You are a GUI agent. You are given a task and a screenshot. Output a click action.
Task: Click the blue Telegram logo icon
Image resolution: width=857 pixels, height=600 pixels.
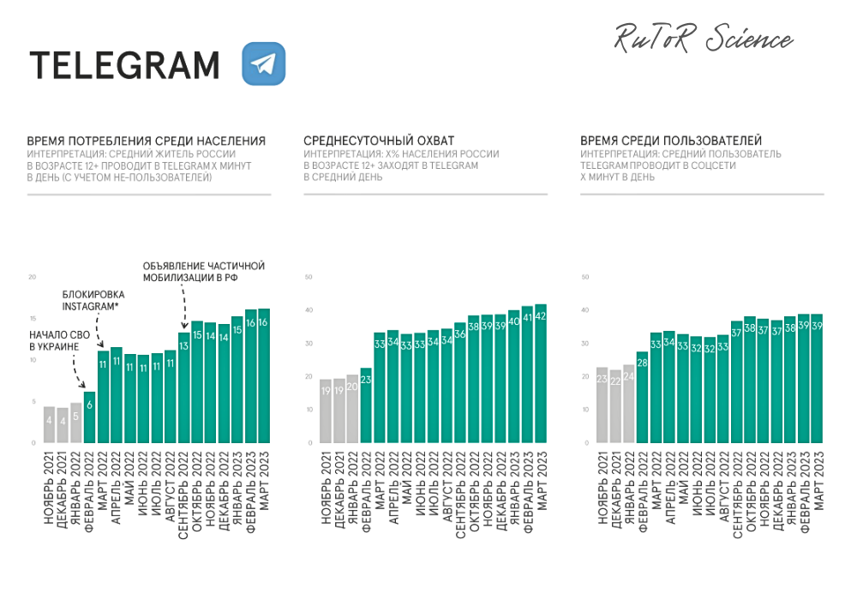click(x=263, y=64)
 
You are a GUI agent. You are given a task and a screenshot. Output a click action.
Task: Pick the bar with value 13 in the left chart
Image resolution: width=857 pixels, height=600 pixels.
click(x=183, y=387)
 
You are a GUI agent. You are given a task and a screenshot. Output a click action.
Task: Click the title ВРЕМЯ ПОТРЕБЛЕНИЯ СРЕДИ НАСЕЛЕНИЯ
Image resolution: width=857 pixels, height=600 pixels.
click(x=146, y=141)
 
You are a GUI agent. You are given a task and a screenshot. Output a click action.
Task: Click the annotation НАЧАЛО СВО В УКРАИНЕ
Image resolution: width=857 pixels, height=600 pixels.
click(x=54, y=340)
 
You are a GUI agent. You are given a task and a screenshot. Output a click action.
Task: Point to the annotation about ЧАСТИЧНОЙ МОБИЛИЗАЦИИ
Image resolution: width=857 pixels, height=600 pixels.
click(x=202, y=273)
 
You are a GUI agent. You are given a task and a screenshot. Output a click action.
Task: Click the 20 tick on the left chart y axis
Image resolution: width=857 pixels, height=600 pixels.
click(x=32, y=278)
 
